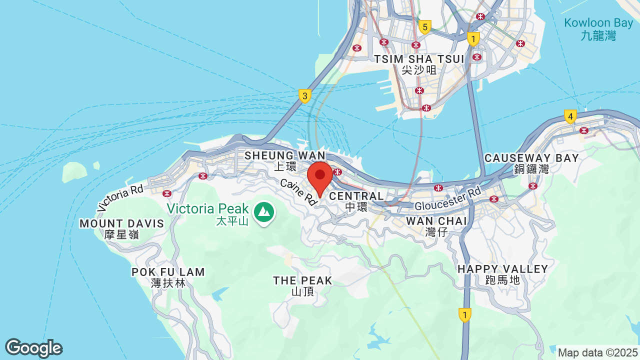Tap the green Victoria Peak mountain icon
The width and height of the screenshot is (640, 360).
pyautogui.click(x=263, y=212)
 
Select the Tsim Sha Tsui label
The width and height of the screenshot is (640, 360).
pyautogui.click(x=419, y=64)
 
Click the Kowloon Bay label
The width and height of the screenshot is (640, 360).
pyautogui.click(x=598, y=29)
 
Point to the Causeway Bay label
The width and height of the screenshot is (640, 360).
pyautogui.click(x=531, y=163)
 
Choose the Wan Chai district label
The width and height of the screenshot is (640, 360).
pyautogui.click(x=436, y=226)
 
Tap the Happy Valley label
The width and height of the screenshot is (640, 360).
pyautogui.click(x=502, y=274)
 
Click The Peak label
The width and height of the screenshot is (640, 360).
pyautogui.click(x=302, y=285)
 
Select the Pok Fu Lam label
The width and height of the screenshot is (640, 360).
pyautogui.click(x=168, y=277)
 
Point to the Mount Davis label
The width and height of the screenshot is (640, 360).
pyautogui.click(x=122, y=228)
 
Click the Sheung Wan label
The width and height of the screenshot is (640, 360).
pyautogui.click(x=284, y=160)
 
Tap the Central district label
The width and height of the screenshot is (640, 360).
pyautogui.click(x=356, y=200)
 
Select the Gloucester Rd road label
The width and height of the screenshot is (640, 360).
pyautogui.click(x=447, y=199)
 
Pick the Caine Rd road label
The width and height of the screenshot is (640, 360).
pyautogui.click(x=298, y=192)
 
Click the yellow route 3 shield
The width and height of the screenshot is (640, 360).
pyautogui.click(x=305, y=95)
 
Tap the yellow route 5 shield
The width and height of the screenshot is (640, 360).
pyautogui.click(x=425, y=26)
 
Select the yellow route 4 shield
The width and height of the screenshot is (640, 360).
pyautogui.click(x=569, y=116)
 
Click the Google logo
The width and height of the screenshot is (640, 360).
pyautogui.click(x=33, y=348)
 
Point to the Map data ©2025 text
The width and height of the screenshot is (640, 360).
pyautogui.click(x=597, y=352)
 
